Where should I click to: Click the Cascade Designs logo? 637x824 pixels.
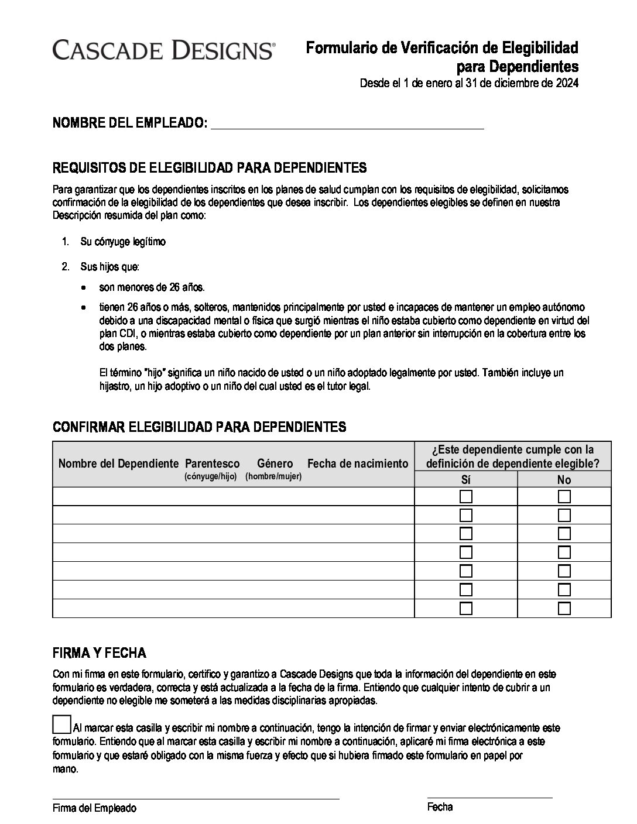pos(163,50)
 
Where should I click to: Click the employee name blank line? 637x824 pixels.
pos(347,124)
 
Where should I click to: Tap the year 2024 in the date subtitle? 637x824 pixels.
pos(566,83)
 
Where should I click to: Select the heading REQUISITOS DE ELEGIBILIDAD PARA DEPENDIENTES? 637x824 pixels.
pos(210,168)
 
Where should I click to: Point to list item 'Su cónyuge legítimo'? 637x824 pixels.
pos(123,242)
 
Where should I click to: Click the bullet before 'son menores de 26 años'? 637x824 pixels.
pos(85,288)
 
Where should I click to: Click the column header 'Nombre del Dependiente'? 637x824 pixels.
pos(118,463)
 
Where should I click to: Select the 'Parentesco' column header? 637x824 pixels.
pos(212,463)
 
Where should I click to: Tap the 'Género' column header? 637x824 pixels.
pos(275,463)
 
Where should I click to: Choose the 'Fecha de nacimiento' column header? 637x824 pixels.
pos(357,463)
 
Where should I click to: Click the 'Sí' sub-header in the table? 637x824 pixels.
pos(466,479)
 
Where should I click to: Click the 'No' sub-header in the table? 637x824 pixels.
pos(564,479)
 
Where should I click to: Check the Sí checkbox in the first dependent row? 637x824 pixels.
pos(466,497)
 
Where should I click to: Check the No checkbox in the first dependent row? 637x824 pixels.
pos(564,497)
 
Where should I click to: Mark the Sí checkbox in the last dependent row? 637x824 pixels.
pos(466,608)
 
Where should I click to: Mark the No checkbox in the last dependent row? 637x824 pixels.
pos(564,608)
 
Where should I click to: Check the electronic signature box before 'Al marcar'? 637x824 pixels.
pos(61,725)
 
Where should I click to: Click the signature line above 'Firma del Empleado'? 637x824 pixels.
pos(196,797)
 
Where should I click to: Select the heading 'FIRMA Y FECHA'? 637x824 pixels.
pos(100,653)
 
